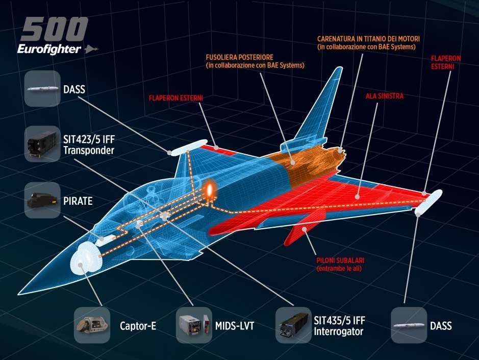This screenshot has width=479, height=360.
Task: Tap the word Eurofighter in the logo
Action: pyautogui.click(x=48, y=49)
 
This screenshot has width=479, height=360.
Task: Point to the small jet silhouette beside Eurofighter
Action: pyautogui.click(x=92, y=49)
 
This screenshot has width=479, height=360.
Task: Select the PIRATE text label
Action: pyautogui.click(x=78, y=201)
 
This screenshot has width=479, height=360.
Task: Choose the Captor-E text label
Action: pyautogui.click(x=138, y=326)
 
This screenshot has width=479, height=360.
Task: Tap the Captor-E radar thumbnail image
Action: pyautogui.click(x=92, y=325)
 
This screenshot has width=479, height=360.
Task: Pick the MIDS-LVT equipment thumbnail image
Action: pyautogui.click(x=193, y=325)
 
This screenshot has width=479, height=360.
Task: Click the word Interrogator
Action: pyautogui.click(x=338, y=332)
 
